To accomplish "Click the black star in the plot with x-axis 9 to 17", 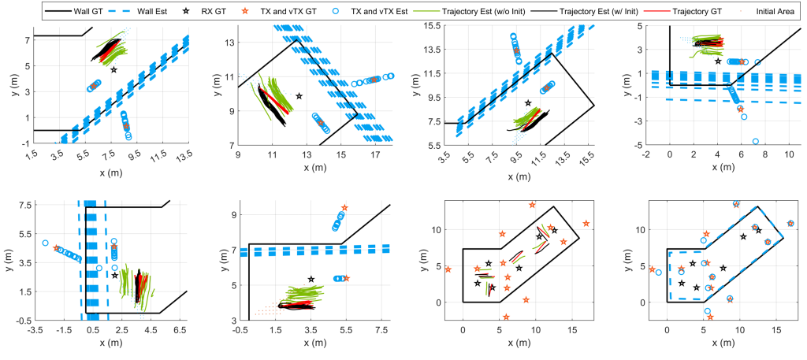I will pyautogui.click(x=299, y=96).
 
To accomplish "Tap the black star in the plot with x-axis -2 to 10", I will pyautogui.click(x=718, y=61).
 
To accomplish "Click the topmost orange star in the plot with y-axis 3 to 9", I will pyautogui.click(x=344, y=208).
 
